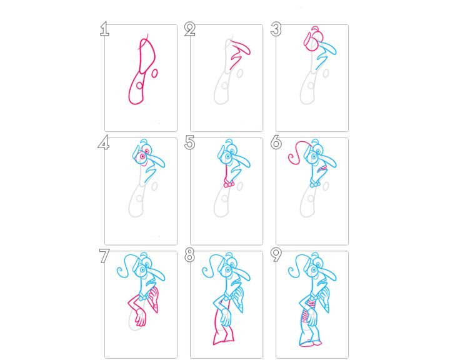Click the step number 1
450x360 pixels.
[104, 29]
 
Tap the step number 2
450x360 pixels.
[190, 29]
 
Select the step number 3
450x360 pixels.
[276, 29]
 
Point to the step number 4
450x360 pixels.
[103, 142]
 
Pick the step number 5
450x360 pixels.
[190, 142]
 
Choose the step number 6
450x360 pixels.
[276, 142]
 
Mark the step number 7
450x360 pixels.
[104, 256]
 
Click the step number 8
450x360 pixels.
[190, 255]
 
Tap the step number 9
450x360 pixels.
[276, 255]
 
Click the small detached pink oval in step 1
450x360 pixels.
[154, 73]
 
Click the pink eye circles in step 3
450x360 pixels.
[312, 42]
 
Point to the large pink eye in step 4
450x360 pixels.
[142, 157]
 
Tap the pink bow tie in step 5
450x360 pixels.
[229, 184]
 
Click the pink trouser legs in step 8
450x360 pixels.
[223, 329]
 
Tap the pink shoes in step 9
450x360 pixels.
[311, 343]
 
